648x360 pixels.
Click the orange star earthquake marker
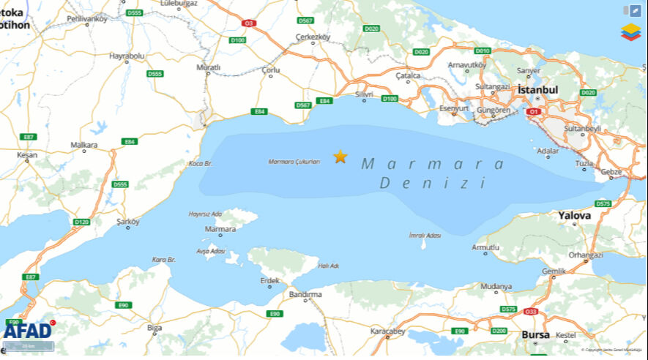point(340,157)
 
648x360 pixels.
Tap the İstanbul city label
point(537,89)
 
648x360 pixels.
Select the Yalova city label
point(574,216)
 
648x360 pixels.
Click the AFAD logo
point(27,331)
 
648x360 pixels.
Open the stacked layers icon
point(630,31)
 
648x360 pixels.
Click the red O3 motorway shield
point(249,23)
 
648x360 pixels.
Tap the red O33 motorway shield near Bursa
point(531,312)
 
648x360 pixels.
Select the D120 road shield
point(81,222)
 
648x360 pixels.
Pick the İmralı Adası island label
point(425,236)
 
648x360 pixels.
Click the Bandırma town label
point(305,294)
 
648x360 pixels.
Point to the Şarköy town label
point(128,220)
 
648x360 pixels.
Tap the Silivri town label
point(364,94)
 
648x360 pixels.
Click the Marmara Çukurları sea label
point(294,162)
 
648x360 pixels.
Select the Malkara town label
point(84,145)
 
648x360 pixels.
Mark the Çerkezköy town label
point(313,37)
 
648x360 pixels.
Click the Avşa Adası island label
point(211,251)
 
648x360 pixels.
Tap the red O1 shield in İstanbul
point(533,112)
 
